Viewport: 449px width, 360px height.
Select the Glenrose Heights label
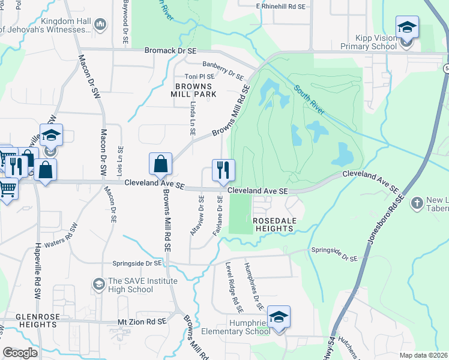pyautogui.click(x=28, y=320)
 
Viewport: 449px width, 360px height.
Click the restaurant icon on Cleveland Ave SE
pyautogui.click(x=223, y=170)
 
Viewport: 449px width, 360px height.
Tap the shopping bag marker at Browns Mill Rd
pyautogui.click(x=161, y=164)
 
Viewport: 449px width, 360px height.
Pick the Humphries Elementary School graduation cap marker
pyautogui.click(x=279, y=316)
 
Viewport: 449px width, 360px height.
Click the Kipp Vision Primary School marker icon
pyautogui.click(x=406, y=27)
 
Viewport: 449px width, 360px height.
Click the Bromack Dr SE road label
pyautogui.click(x=170, y=52)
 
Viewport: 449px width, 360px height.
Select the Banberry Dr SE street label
pyautogui.click(x=223, y=70)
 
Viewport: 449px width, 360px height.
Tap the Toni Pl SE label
pyautogui.click(x=199, y=77)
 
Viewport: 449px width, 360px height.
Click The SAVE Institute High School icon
pyautogui.click(x=98, y=282)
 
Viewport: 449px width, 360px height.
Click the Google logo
pyautogui.click(x=20, y=353)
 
